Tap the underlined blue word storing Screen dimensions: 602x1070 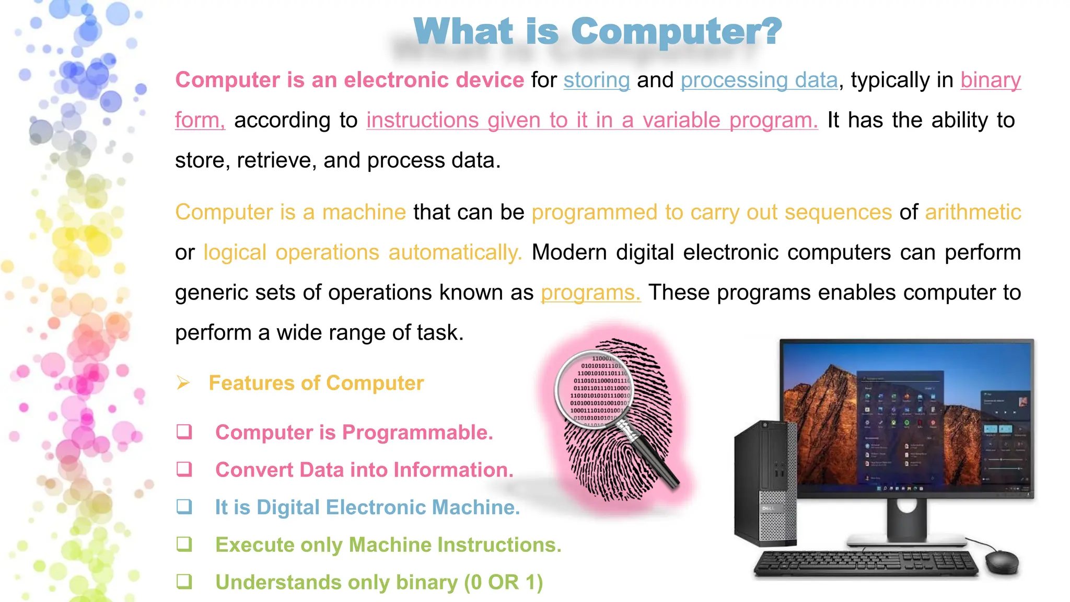(x=596, y=80)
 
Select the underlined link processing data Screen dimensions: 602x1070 (x=759, y=80)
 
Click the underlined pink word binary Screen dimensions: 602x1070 (x=990, y=80)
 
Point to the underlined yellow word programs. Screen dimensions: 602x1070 (x=590, y=293)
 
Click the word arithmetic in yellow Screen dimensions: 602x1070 (x=972, y=213)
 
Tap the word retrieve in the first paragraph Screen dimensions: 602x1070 (x=276, y=160)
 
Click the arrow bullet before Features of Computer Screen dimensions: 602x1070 (x=183, y=383)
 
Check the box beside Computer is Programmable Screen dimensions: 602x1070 (x=184, y=432)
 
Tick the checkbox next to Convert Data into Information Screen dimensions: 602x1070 (x=184, y=469)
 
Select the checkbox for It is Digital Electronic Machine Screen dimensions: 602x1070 (x=184, y=507)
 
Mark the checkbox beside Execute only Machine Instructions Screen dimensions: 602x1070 (x=184, y=545)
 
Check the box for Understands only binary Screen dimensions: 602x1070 (x=184, y=582)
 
